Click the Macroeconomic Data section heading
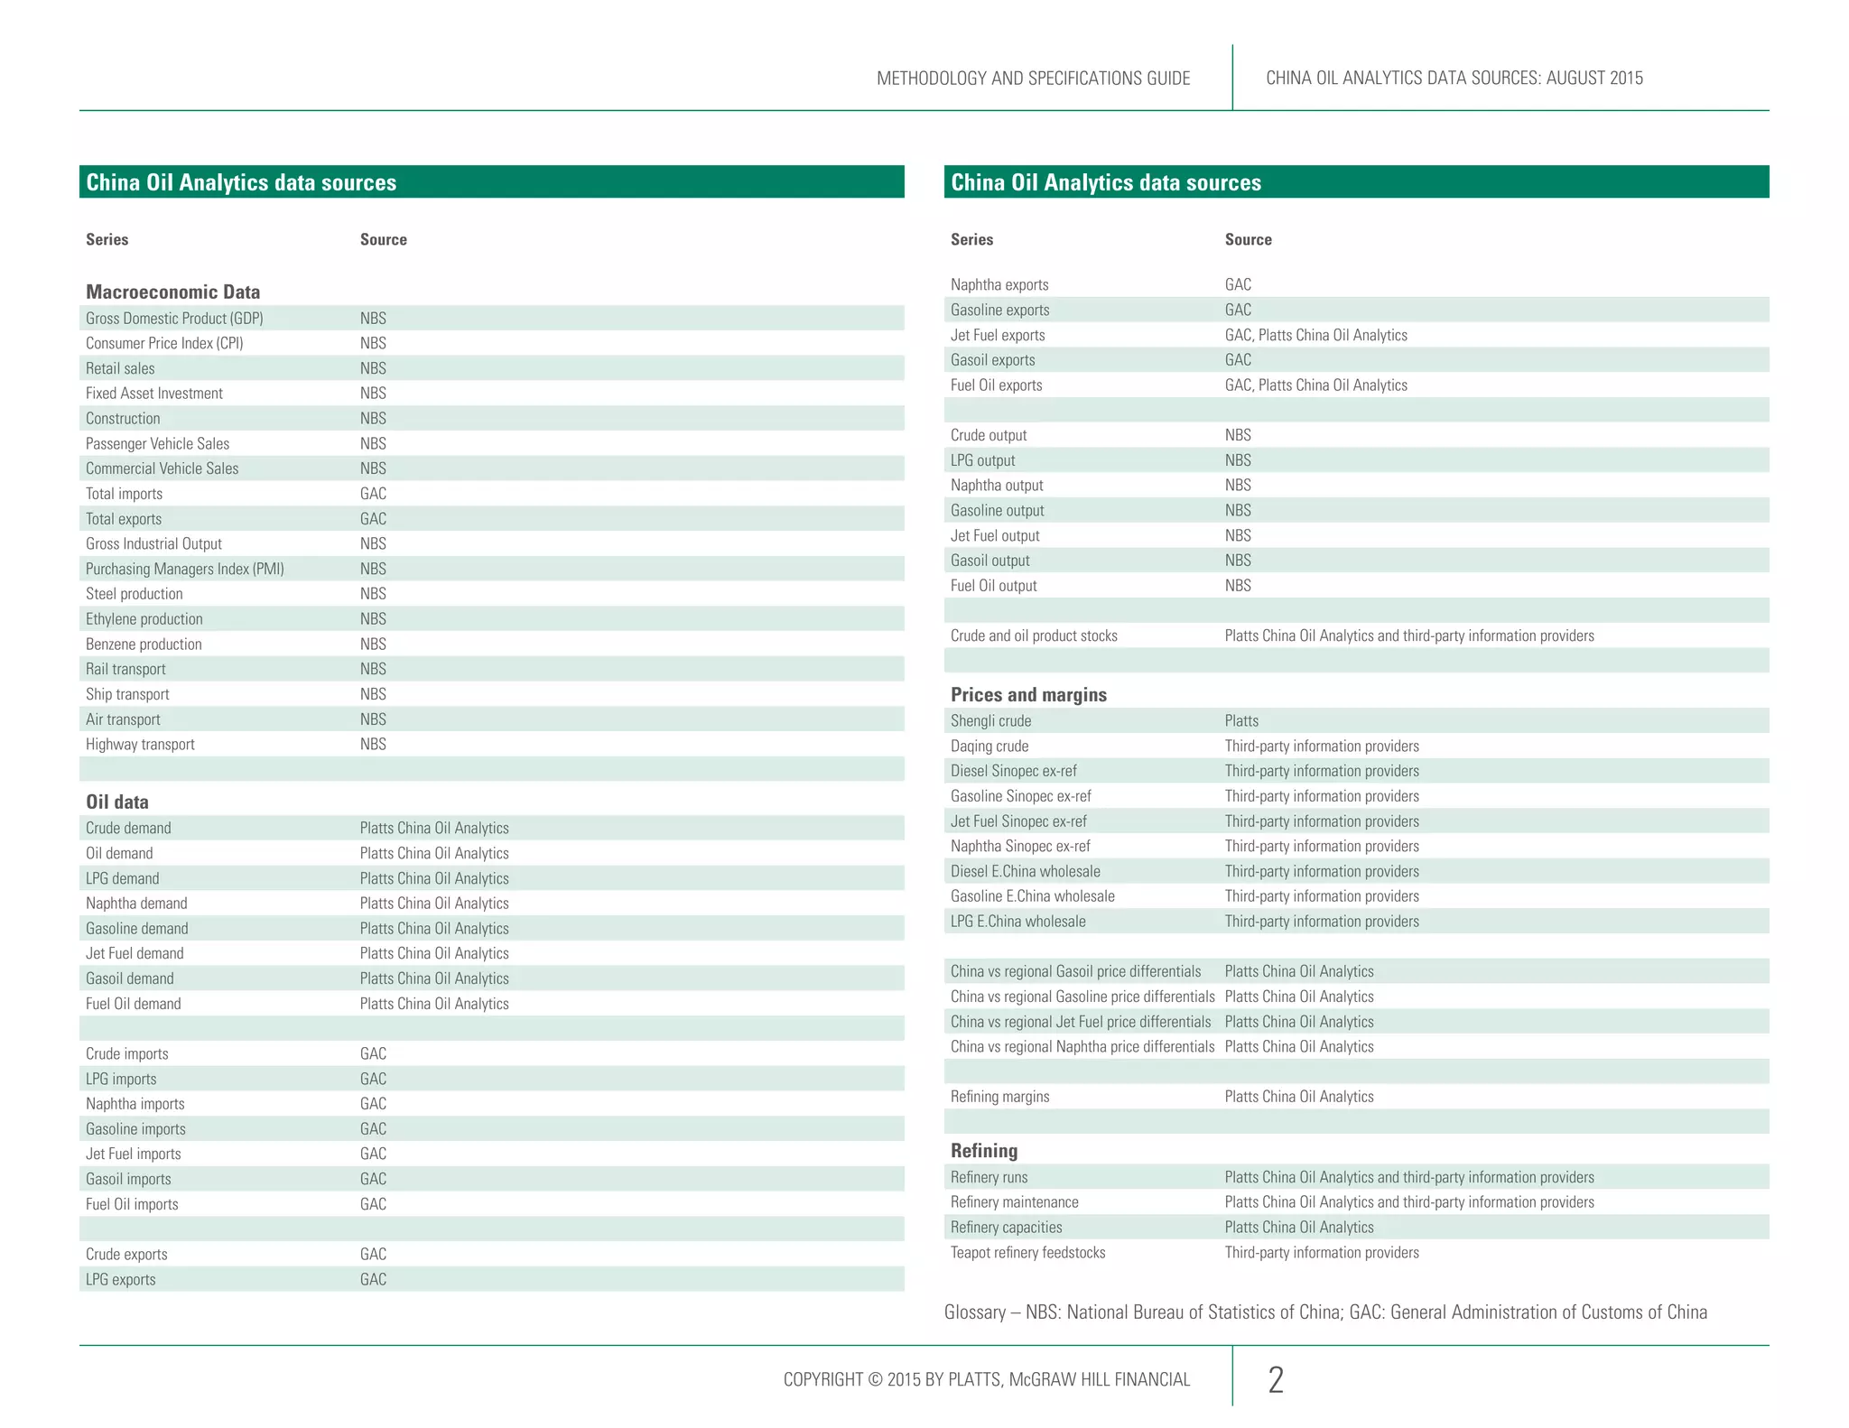pyautogui.click(x=172, y=292)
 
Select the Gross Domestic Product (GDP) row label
pyautogui.click(x=174, y=318)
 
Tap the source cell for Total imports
pyautogui.click(x=373, y=494)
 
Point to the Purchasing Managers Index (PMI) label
pyautogui.click(x=184, y=569)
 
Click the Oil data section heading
pyautogui.click(x=117, y=802)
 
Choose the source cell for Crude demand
pyautogui.click(x=434, y=828)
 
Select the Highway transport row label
pyautogui.click(x=140, y=744)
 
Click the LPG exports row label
pyautogui.click(x=121, y=1279)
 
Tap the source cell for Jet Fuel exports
pyautogui.click(x=1315, y=335)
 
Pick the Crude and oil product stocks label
pyautogui.click(x=1034, y=635)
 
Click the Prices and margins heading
pyautogui.click(x=1028, y=694)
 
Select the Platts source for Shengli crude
pyautogui.click(x=1241, y=720)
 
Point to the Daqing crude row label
pyautogui.click(x=990, y=746)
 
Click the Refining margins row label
pyautogui.click(x=999, y=1096)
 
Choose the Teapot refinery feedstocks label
pyautogui.click(x=1027, y=1252)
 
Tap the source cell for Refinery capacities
pyautogui.click(x=1299, y=1227)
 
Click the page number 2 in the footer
pyautogui.click(x=1276, y=1379)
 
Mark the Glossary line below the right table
pyautogui.click(x=1325, y=1312)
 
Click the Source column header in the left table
pyautogui.click(x=384, y=239)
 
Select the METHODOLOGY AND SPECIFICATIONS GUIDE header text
pyautogui.click(x=1033, y=78)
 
